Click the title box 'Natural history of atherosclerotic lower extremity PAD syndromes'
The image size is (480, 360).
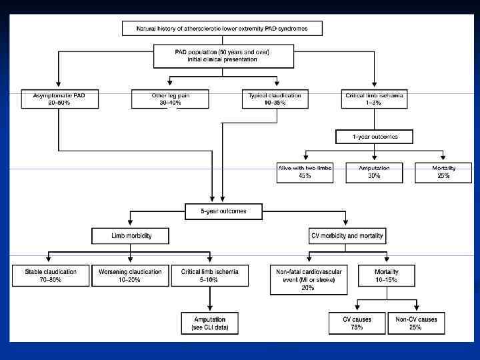[x=223, y=29]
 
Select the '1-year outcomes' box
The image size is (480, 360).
[x=374, y=137]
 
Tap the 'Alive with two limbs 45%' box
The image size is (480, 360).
[x=304, y=172]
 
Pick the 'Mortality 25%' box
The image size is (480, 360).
[x=443, y=172]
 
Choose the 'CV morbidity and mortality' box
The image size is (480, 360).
[x=347, y=236]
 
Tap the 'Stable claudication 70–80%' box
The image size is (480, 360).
[x=50, y=276]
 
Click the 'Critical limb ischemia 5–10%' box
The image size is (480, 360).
[x=210, y=276]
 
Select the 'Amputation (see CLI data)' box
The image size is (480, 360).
[x=210, y=323]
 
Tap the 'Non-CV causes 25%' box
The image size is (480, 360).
[x=415, y=323]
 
